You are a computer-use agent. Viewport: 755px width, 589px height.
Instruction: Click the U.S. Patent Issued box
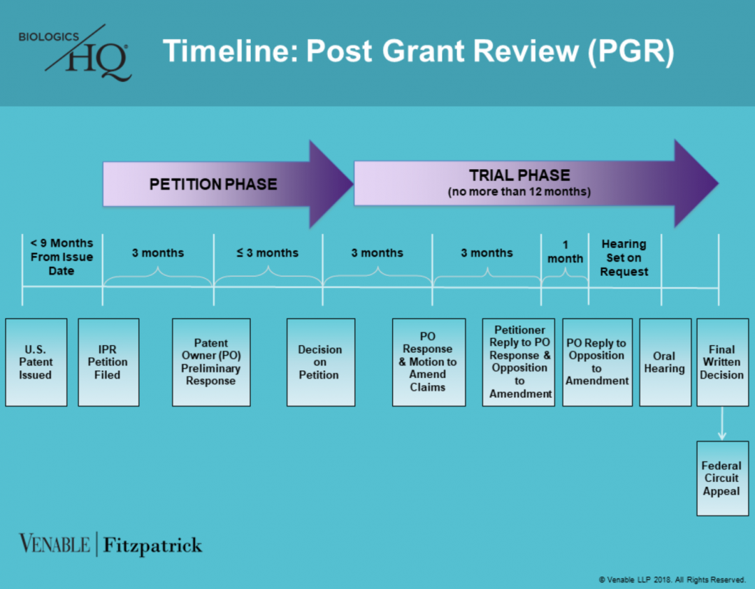[x=36, y=362]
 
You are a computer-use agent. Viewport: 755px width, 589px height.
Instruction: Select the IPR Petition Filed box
[x=108, y=362]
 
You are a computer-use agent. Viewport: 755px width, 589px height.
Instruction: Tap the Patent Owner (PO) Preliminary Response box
[x=211, y=362]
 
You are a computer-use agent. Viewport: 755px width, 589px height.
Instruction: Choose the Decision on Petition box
[x=320, y=362]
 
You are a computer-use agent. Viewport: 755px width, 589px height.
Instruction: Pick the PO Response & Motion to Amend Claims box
[x=428, y=362]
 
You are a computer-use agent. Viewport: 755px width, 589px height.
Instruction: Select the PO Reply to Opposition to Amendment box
[x=597, y=362]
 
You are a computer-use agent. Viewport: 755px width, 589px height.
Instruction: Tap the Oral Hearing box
[x=665, y=362]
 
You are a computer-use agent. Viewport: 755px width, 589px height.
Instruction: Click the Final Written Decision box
[x=722, y=362]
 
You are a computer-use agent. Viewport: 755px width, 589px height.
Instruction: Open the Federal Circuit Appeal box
[x=722, y=478]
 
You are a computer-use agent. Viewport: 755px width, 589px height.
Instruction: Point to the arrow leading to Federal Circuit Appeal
[x=722, y=424]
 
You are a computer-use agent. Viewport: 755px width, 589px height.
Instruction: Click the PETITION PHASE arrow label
[x=213, y=184]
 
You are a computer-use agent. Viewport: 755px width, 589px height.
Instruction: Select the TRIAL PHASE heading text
[x=519, y=175]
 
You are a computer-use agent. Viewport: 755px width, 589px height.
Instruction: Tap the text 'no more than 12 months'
[x=519, y=191]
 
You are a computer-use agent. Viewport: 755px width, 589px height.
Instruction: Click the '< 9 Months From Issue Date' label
[x=62, y=256]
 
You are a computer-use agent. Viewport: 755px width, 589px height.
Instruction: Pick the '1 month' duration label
[x=565, y=252]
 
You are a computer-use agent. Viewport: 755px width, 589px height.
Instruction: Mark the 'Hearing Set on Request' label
[x=624, y=257]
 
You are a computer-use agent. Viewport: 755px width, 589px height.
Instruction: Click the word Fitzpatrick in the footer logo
[x=153, y=545]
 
